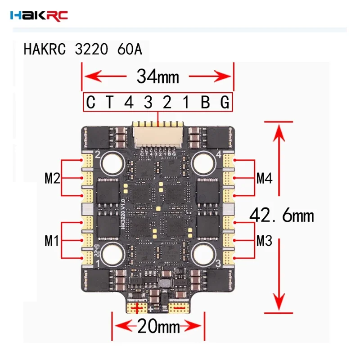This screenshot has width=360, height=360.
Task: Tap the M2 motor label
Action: pyautogui.click(x=53, y=178)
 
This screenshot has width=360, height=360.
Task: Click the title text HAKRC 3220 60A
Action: pyautogui.click(x=83, y=49)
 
